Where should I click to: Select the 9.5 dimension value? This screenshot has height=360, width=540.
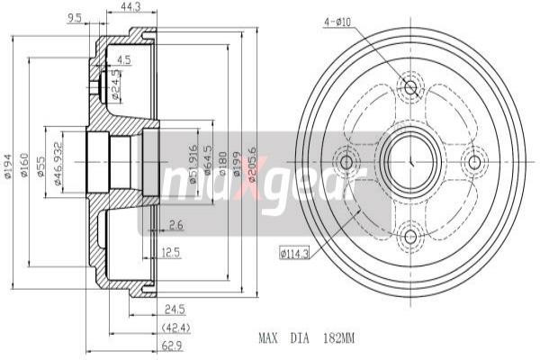76,17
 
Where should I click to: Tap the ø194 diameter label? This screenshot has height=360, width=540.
9,162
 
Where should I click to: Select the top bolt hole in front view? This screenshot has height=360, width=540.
411,88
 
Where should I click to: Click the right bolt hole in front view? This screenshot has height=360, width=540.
475,162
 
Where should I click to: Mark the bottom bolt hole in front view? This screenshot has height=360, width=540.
411,237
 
